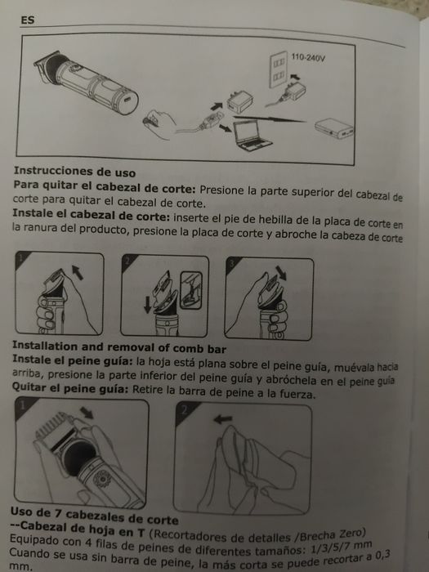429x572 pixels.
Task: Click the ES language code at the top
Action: (28, 20)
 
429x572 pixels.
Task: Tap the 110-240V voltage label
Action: (308, 58)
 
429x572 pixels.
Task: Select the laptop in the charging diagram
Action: (252, 136)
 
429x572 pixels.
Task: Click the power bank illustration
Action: (333, 128)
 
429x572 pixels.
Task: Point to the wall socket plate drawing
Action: (278, 69)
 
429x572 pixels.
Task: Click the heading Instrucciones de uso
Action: (75, 172)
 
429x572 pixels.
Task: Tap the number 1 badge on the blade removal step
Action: (21, 258)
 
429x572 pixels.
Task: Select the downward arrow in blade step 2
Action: (147, 305)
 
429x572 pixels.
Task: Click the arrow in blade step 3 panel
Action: (281, 273)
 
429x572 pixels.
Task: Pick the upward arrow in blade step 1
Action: (78, 272)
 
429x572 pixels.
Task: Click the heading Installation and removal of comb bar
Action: (119, 347)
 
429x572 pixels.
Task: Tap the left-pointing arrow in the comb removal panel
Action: (222, 419)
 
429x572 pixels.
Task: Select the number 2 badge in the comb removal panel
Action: (184, 410)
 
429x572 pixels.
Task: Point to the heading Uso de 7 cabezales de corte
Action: (94, 515)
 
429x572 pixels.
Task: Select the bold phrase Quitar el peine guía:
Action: (70, 388)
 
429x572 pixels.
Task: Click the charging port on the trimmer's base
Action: (128, 99)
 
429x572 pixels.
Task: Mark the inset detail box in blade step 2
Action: (191, 290)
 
